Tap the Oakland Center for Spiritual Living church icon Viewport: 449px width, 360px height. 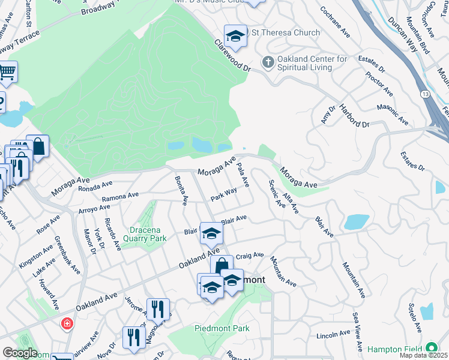[x=268, y=62]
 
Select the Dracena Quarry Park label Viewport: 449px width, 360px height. [x=148, y=234]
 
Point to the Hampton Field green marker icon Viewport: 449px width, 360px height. [x=431, y=349]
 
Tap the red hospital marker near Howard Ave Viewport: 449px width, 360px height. [x=67, y=324]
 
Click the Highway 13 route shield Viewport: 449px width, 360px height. [x=424, y=94]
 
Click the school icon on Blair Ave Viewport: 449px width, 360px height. [x=211, y=233]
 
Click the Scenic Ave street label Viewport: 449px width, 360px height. [x=277, y=194]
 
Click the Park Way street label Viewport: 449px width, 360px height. [x=223, y=194]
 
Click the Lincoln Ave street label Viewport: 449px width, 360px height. [x=333, y=334]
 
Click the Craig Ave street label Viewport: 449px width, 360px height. [x=249, y=256]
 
